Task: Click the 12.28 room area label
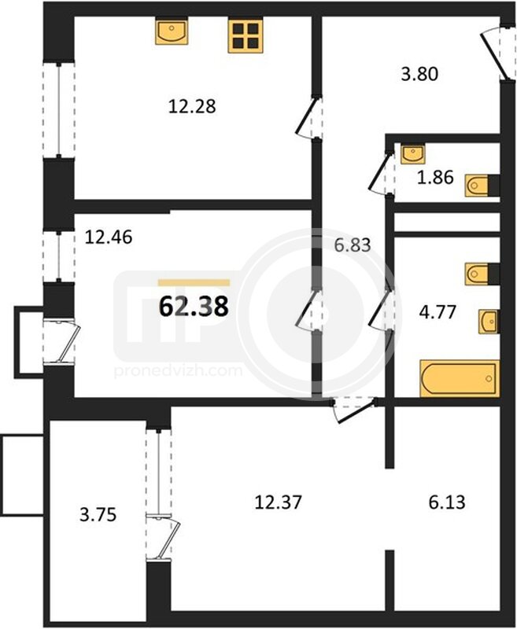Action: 192,107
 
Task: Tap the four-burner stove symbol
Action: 246,35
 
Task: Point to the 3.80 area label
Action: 419,74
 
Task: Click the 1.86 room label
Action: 435,177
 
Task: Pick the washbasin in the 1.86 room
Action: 413,154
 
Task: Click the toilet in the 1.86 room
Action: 482,186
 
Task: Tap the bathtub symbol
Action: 460,379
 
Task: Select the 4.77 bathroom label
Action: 438,311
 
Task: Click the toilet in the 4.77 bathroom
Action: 482,274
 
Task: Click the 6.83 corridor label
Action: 353,245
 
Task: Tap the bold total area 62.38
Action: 194,307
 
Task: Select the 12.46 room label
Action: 109,237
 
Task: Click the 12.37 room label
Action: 278,502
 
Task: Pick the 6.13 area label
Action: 447,502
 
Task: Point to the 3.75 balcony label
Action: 98,515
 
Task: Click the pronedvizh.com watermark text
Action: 178,370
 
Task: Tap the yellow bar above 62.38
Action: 194,283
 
